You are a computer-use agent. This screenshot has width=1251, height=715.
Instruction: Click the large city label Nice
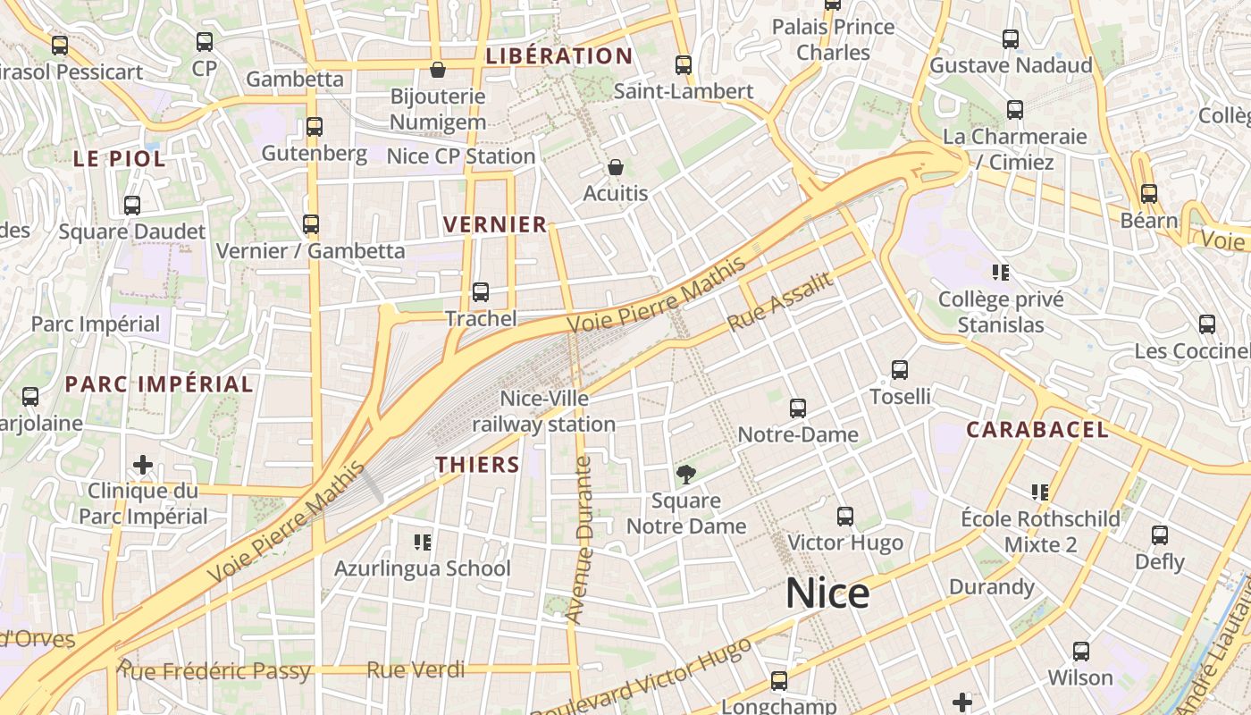coord(827,594)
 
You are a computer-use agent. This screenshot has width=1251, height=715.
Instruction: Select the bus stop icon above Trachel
coord(481,292)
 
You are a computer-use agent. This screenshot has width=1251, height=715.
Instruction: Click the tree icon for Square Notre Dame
coord(685,475)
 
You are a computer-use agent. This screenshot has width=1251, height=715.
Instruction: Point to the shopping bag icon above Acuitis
coord(616,167)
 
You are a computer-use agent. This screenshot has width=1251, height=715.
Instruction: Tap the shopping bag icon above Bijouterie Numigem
coord(438,70)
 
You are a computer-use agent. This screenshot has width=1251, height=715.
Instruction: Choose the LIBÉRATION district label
coord(558,56)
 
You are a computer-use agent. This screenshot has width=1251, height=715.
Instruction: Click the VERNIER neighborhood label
coord(495,224)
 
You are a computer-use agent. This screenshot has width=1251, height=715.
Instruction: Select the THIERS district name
coord(477,465)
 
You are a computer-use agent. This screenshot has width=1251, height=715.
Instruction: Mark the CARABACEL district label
coord(1037,430)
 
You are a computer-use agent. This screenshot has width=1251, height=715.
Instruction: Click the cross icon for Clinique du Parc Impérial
coord(142,465)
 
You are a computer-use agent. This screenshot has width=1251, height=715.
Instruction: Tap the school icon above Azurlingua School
coord(423,542)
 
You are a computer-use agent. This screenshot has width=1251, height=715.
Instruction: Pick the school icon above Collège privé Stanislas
coord(1000,272)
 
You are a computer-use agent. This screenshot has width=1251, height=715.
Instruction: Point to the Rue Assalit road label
coord(780,302)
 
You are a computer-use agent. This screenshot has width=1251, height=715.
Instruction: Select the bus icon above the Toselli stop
coord(900,370)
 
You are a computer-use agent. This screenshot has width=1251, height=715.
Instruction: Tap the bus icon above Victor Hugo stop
coord(844,517)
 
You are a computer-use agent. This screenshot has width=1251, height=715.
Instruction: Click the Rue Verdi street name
coord(416,669)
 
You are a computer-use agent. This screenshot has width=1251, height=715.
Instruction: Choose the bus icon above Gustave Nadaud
coord(1011,39)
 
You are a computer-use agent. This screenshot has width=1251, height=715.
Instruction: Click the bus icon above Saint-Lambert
coord(684,65)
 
